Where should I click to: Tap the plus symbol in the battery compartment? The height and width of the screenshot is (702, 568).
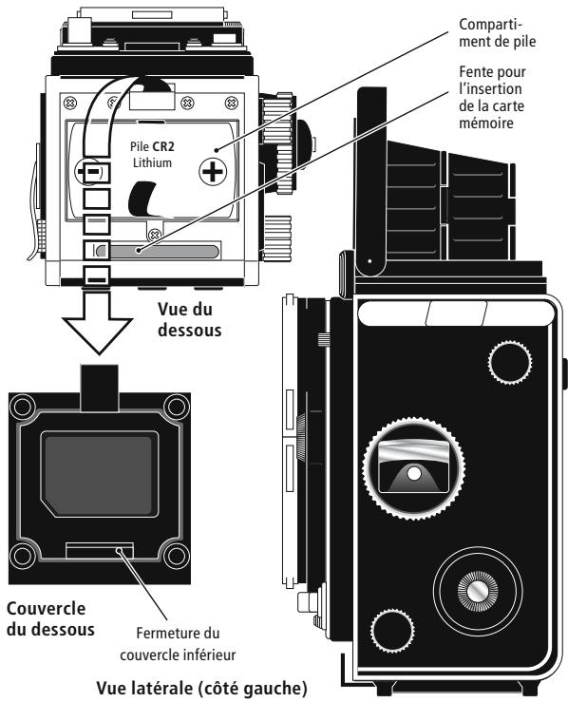[x=211, y=174]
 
